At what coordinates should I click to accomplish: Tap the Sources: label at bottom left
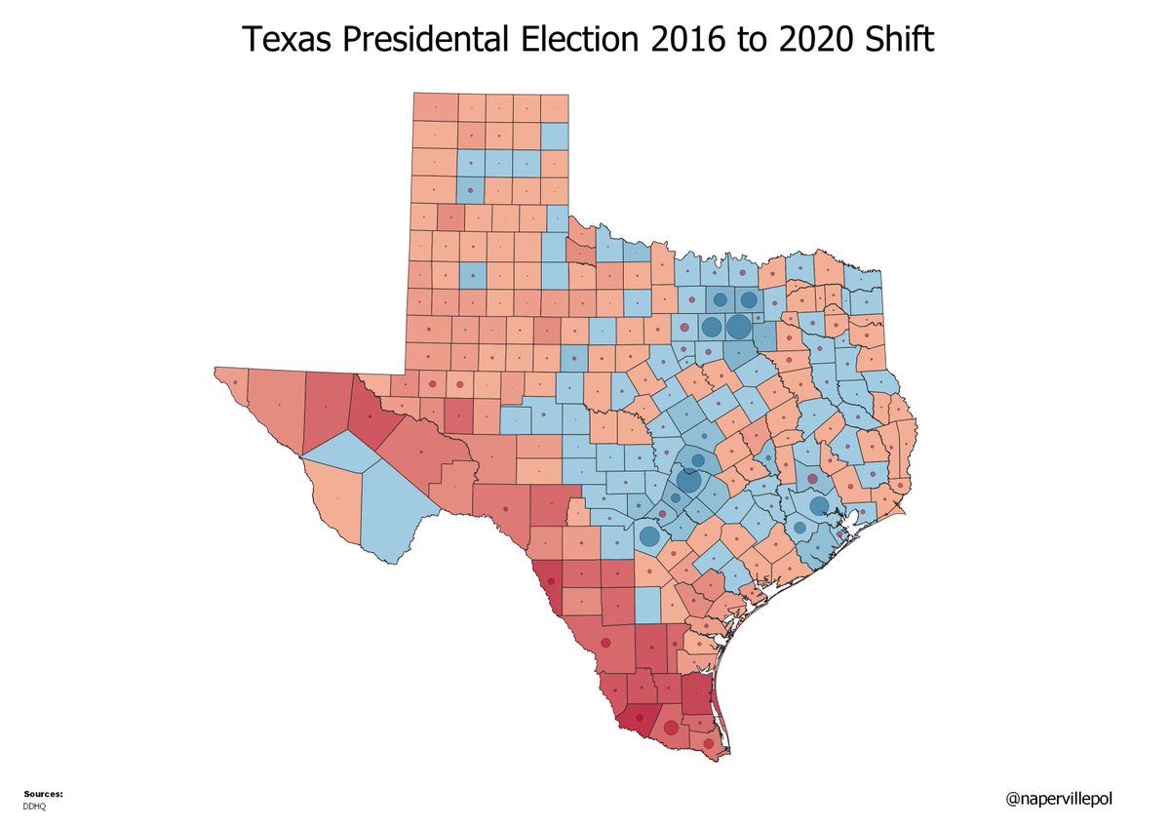pyautogui.click(x=42, y=794)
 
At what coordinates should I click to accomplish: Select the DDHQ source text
pyautogui.click(x=34, y=807)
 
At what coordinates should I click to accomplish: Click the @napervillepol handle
pyautogui.click(x=1059, y=799)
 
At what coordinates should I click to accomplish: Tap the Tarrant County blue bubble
pyautogui.click(x=712, y=327)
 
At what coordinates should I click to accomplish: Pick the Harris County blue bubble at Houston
pyautogui.click(x=818, y=505)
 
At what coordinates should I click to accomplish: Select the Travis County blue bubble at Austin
pyautogui.click(x=688, y=480)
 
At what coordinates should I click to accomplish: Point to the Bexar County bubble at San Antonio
pyautogui.click(x=648, y=535)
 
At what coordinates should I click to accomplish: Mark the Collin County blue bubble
pyautogui.click(x=748, y=300)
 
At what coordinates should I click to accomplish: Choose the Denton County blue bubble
pyautogui.click(x=720, y=300)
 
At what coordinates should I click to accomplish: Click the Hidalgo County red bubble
pyautogui.click(x=671, y=728)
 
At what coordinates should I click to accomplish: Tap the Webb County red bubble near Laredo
pyautogui.click(x=605, y=643)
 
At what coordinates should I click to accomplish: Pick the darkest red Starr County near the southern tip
pyautogui.click(x=638, y=721)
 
